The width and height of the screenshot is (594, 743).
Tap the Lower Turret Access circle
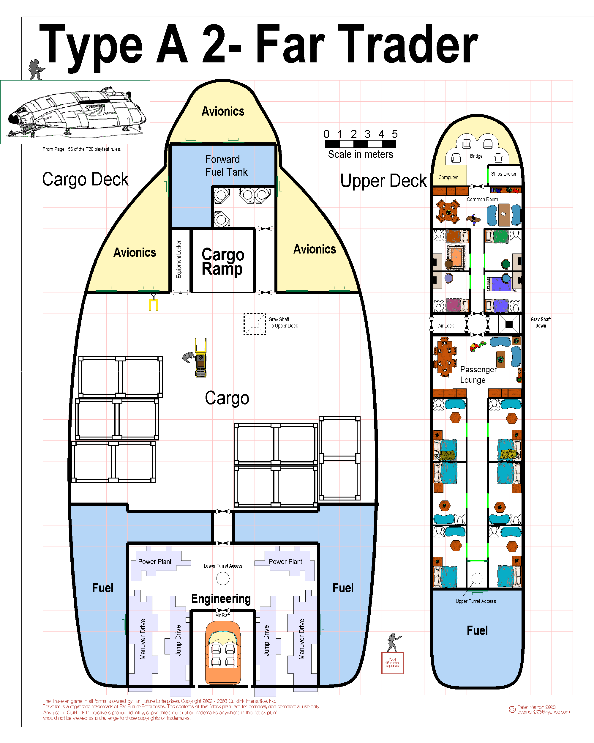click(223, 578)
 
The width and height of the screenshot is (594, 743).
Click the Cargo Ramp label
click(223, 261)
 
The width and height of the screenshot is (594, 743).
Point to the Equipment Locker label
click(178, 259)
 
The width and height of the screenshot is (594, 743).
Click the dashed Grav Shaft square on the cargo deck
click(255, 324)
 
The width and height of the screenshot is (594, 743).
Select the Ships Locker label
click(504, 174)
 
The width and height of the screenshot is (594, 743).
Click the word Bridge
click(476, 156)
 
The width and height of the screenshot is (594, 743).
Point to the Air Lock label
click(446, 326)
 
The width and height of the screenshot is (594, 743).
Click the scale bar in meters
click(361, 144)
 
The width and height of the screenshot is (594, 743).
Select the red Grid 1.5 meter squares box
click(392, 663)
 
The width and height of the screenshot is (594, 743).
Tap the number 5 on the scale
click(395, 134)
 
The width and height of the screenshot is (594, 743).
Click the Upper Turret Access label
click(476, 601)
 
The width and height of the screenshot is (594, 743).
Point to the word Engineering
click(221, 599)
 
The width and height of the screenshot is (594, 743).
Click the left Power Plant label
click(155, 562)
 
